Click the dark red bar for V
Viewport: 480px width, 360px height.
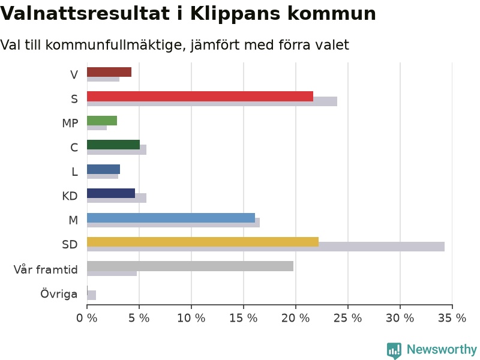pyautogui.click(x=109, y=72)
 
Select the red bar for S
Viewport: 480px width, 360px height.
pyautogui.click(x=200, y=96)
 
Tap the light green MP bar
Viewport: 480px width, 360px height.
pyautogui.click(x=102, y=121)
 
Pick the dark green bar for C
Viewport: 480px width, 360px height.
pyautogui.click(x=113, y=145)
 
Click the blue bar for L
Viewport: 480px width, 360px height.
pyautogui.click(x=103, y=169)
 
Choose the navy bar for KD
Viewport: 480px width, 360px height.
pyautogui.click(x=111, y=193)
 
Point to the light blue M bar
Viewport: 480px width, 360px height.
pyautogui.click(x=171, y=218)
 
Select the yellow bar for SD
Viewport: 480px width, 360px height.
pyautogui.click(x=203, y=242)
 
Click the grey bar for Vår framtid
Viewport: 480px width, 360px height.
pyautogui.click(x=190, y=266)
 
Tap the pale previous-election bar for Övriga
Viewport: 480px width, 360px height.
pyautogui.click(x=92, y=295)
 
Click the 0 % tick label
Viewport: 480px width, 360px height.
pyautogui.click(x=86, y=318)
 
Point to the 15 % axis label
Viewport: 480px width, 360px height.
pyautogui.click(x=244, y=318)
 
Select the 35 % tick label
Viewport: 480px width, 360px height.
pyautogui.click(x=452, y=318)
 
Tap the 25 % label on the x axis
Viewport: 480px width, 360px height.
pyautogui.click(x=348, y=318)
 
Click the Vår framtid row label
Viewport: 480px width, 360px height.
pyautogui.click(x=46, y=269)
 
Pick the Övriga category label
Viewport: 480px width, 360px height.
pyautogui.click(x=59, y=293)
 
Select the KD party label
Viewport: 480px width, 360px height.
pyautogui.click(x=70, y=196)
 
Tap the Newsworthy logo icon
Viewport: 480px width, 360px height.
pyautogui.click(x=394, y=350)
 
